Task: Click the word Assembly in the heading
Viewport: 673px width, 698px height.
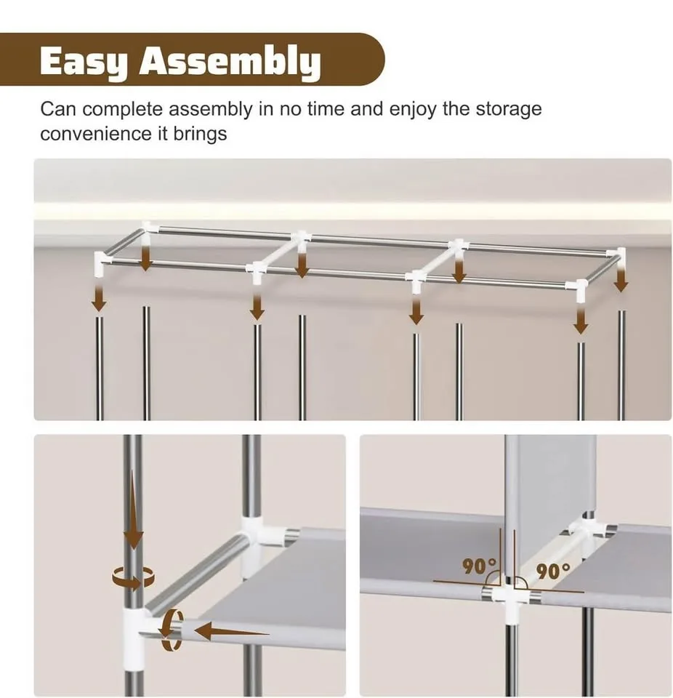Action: point(230,63)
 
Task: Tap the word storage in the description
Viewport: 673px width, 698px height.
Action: point(509,109)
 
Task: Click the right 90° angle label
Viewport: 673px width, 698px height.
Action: point(553,571)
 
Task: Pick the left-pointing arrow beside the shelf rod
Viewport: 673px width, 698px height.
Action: point(232,631)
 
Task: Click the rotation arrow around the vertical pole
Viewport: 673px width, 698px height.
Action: point(134,578)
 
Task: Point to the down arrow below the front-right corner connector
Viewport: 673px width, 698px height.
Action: point(579,319)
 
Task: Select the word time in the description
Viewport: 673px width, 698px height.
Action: point(326,109)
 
